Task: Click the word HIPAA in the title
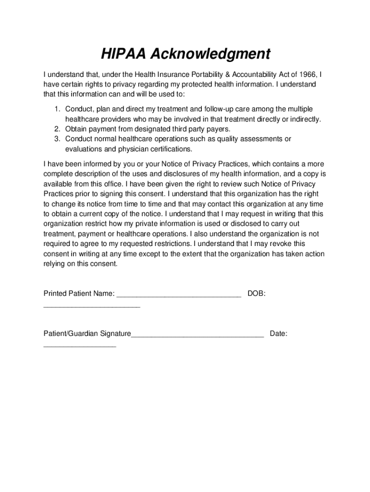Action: tap(123, 54)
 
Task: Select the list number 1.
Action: tap(56, 110)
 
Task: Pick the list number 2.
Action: tap(56, 129)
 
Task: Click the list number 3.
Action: tap(56, 139)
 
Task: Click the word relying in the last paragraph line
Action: tap(54, 263)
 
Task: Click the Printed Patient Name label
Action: tap(79, 293)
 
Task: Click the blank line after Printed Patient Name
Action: tap(179, 295)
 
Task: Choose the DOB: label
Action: tap(256, 293)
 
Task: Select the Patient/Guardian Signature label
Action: tap(87, 333)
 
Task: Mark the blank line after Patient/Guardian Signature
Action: tap(197, 335)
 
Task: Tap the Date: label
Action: tap(279, 333)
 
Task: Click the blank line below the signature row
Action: tap(80, 345)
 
